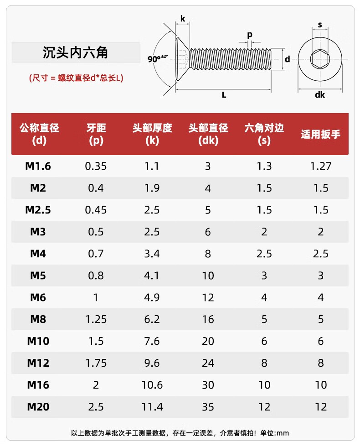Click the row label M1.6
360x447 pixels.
[x=38, y=166]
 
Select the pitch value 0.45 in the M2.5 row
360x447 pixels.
[x=96, y=210]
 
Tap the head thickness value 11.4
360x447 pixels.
[x=152, y=407]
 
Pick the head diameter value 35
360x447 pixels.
[x=208, y=407]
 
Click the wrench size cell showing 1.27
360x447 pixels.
[x=320, y=166]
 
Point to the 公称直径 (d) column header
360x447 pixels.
[x=39, y=134]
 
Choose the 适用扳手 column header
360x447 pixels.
[x=320, y=135]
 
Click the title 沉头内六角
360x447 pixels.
[x=76, y=52]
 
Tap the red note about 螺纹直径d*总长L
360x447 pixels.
[x=76, y=78]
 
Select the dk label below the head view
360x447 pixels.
[x=319, y=95]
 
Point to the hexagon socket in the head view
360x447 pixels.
[x=319, y=59]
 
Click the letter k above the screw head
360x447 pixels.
[x=183, y=19]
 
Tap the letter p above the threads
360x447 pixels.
[x=249, y=35]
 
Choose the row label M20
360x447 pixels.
[x=38, y=407]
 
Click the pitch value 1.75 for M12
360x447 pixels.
[x=96, y=363]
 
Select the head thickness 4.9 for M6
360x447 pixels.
[x=152, y=297]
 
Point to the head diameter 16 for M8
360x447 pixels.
[x=208, y=319]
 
